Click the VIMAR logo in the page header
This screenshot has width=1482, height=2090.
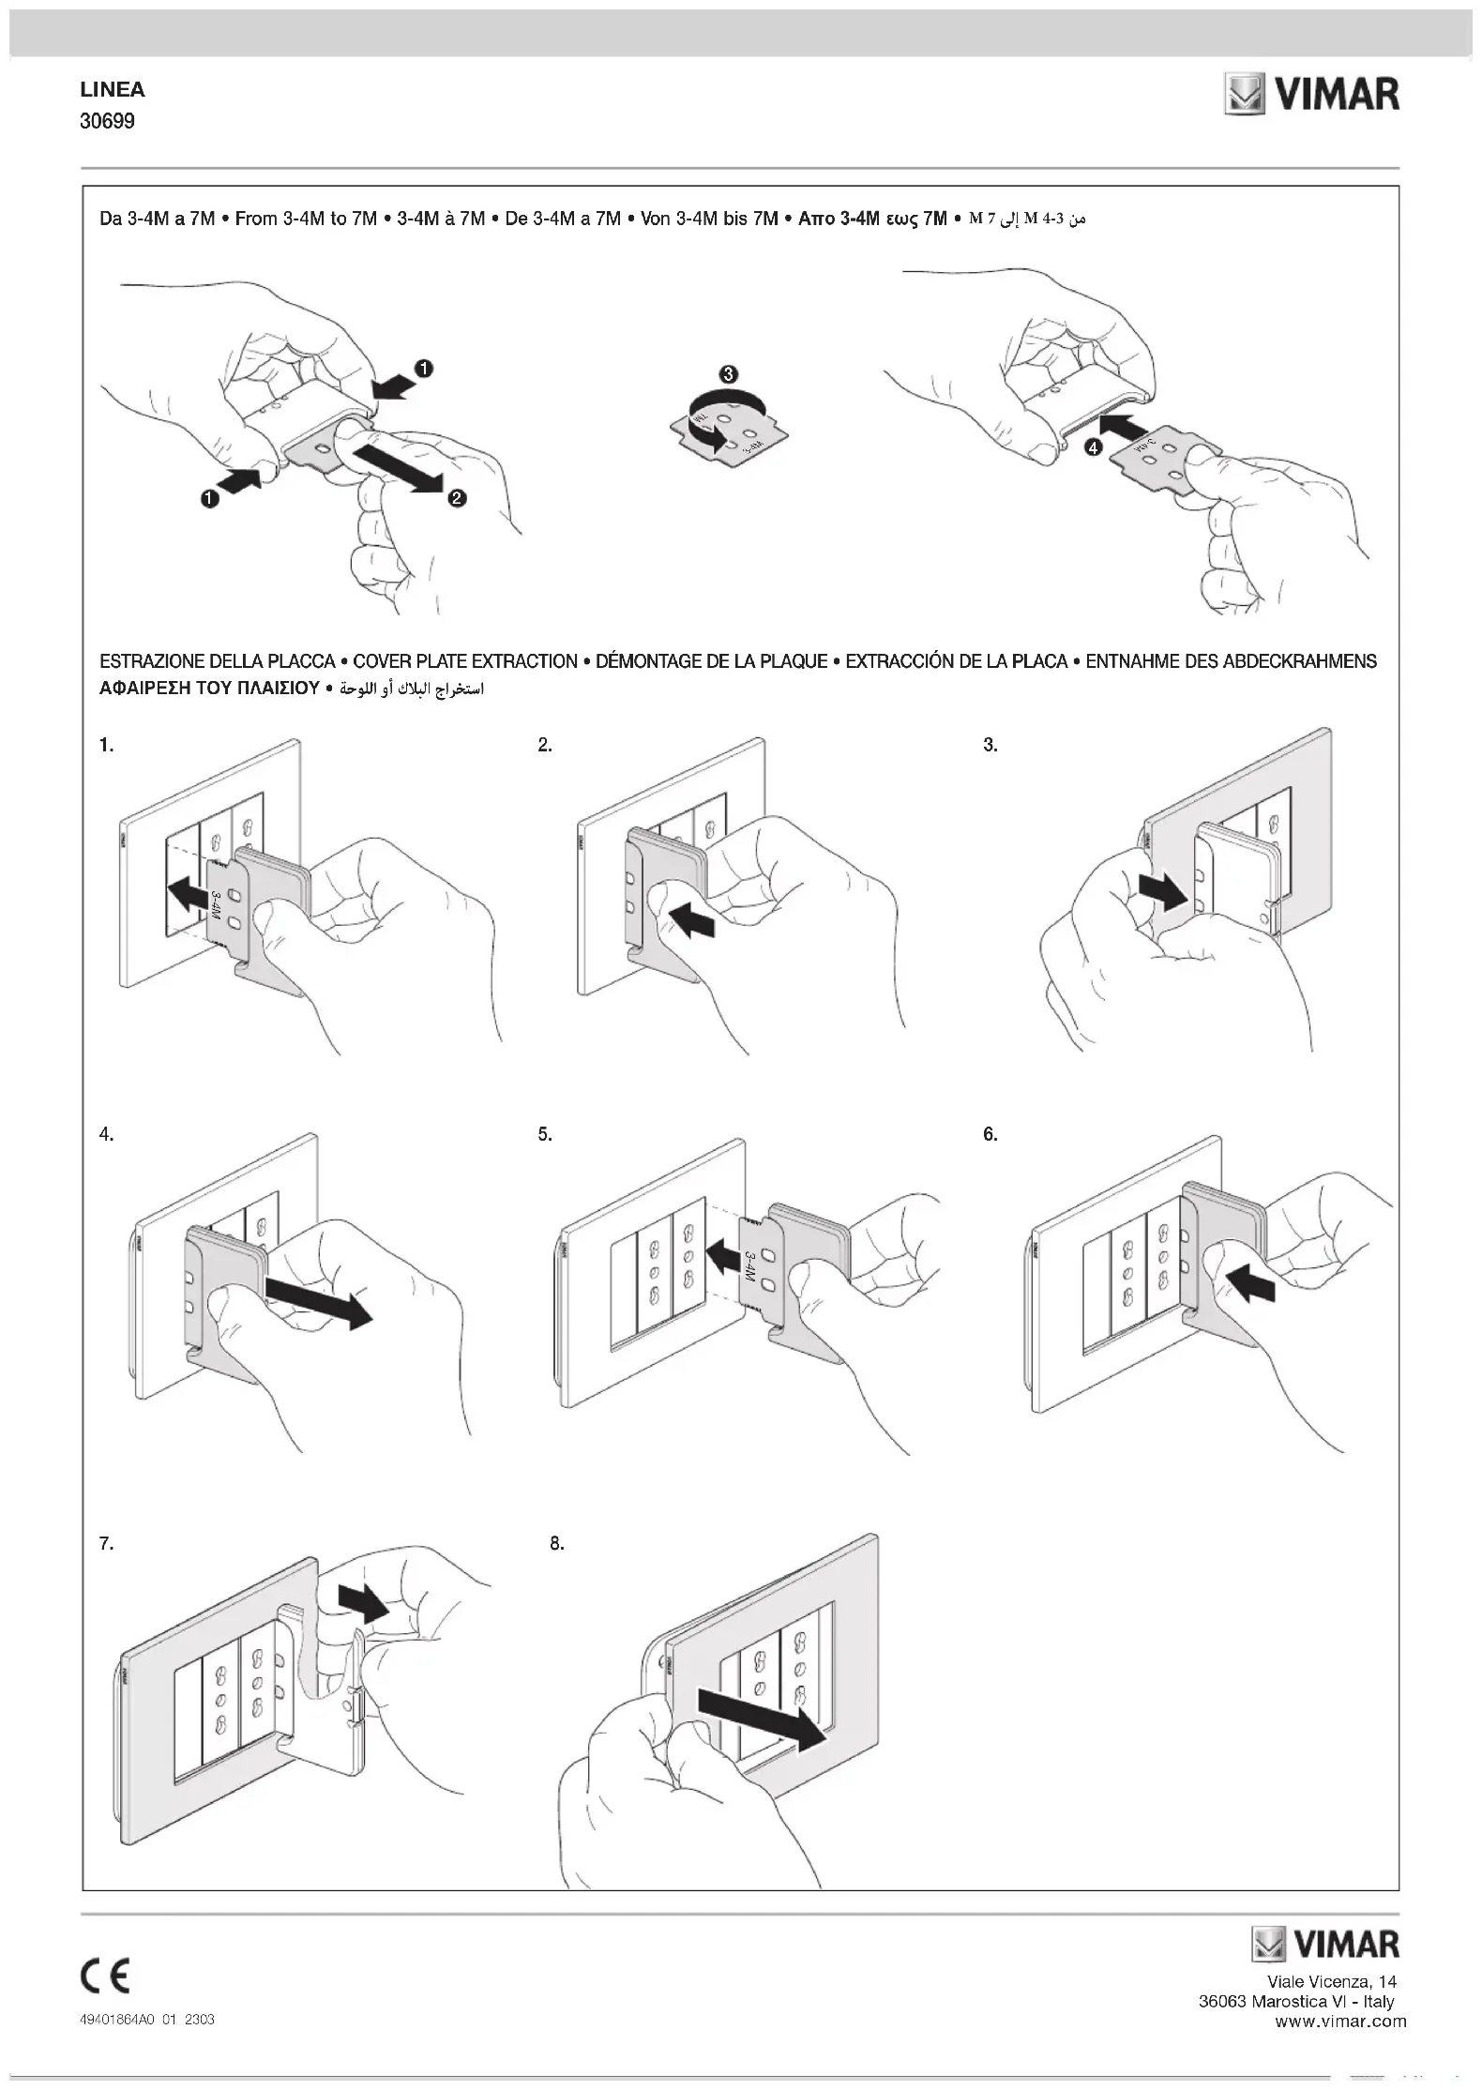[1311, 95]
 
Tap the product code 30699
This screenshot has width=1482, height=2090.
[107, 121]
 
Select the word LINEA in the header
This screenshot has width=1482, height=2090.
[113, 90]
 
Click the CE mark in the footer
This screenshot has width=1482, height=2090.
[106, 1976]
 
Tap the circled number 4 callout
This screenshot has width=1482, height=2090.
[1092, 448]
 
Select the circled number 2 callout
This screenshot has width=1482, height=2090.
[457, 498]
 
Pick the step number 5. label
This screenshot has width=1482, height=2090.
[545, 1134]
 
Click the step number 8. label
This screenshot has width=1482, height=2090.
[557, 1543]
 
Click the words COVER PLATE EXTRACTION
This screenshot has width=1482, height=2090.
[465, 661]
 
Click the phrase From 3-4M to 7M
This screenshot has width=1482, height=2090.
[306, 219]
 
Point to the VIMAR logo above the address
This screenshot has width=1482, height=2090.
[1325, 1945]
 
